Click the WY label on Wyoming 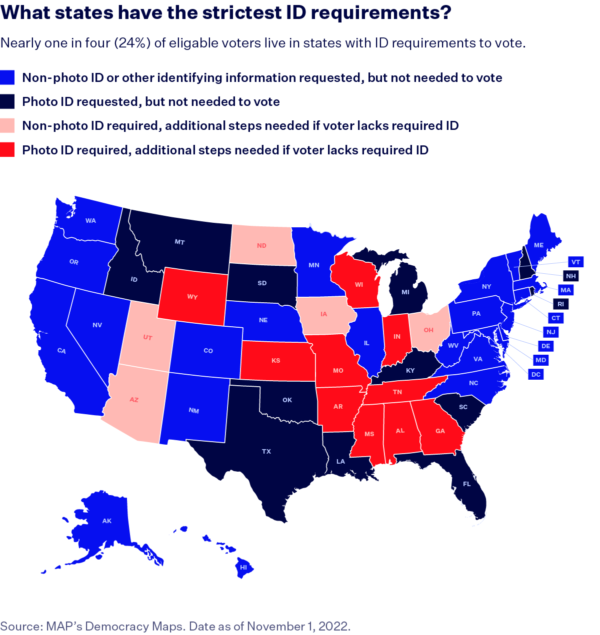pos(192,297)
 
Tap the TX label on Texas pos(266,451)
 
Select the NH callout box pos(570,276)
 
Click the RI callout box pos(560,304)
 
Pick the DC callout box pos(535,374)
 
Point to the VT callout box pos(575,262)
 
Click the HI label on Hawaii pos(243,568)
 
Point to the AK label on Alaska pos(106,521)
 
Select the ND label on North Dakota pos(261,245)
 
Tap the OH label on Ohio pos(428,330)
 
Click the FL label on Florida pos(466,484)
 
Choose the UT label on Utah pos(147,338)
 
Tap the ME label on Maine pos(538,245)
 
